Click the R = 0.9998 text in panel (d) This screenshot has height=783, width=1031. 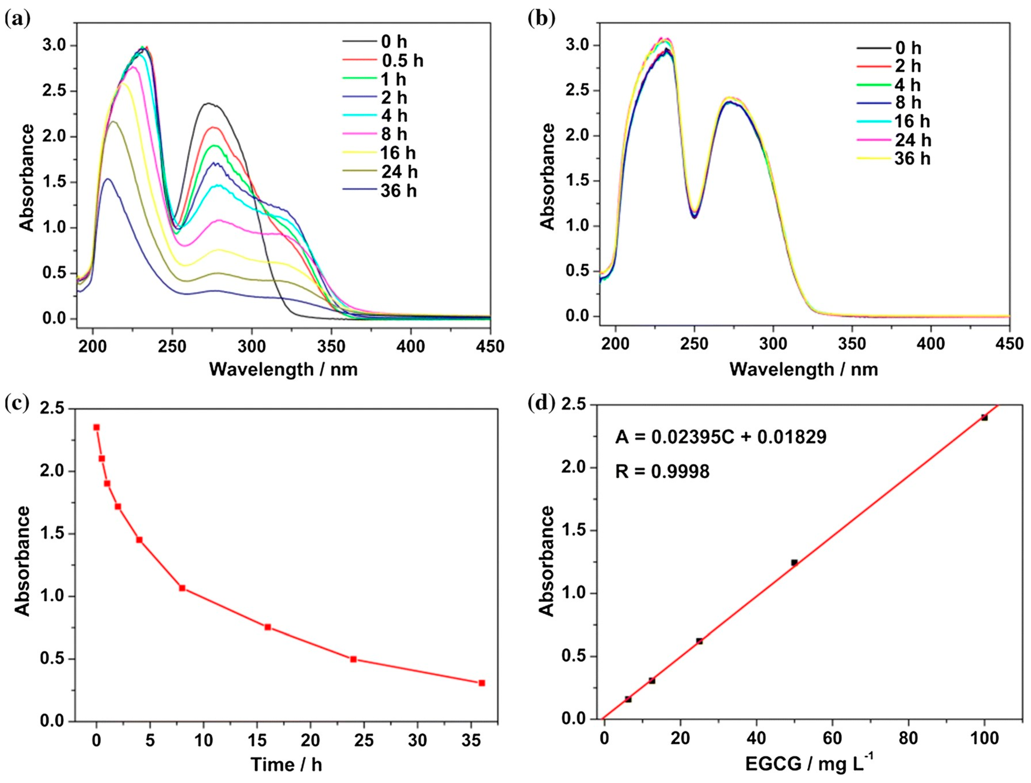tap(662, 472)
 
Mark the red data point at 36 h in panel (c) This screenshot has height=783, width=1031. tap(482, 683)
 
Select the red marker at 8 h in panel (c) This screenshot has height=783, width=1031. tap(182, 588)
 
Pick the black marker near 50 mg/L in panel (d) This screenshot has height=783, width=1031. tap(794, 563)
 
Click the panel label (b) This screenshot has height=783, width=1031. tap(541, 19)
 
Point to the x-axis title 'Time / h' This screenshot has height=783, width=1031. tap(286, 764)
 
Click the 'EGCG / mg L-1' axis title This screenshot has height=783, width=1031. tap(809, 764)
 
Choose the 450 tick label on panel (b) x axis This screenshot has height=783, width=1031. tap(1010, 344)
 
